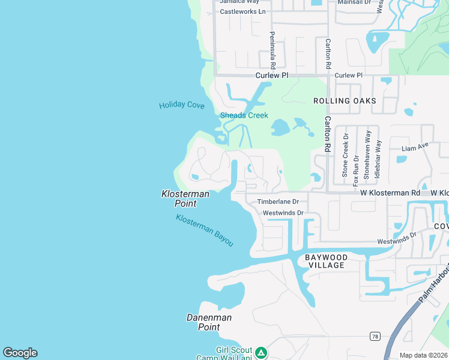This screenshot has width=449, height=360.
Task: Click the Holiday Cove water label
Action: click(181, 106)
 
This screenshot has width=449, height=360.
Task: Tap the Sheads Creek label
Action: click(244, 115)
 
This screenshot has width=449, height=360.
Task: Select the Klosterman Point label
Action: click(185, 199)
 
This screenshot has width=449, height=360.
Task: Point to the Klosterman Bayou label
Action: click(204, 230)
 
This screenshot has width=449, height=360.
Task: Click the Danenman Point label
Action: click(209, 322)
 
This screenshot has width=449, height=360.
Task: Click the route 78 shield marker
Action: click(375, 336)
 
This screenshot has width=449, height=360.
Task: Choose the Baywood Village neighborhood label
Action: click(327, 261)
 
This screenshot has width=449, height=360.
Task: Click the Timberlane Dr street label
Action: click(278, 202)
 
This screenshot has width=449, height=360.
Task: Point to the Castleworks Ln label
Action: click(243, 11)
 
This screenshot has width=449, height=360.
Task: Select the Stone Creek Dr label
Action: click(345, 155)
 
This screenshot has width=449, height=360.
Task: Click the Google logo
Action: click(20, 353)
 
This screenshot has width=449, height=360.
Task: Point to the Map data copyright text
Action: click(423, 355)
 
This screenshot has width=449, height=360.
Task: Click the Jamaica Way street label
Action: click(239, 2)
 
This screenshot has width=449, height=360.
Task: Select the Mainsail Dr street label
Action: click(354, 2)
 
